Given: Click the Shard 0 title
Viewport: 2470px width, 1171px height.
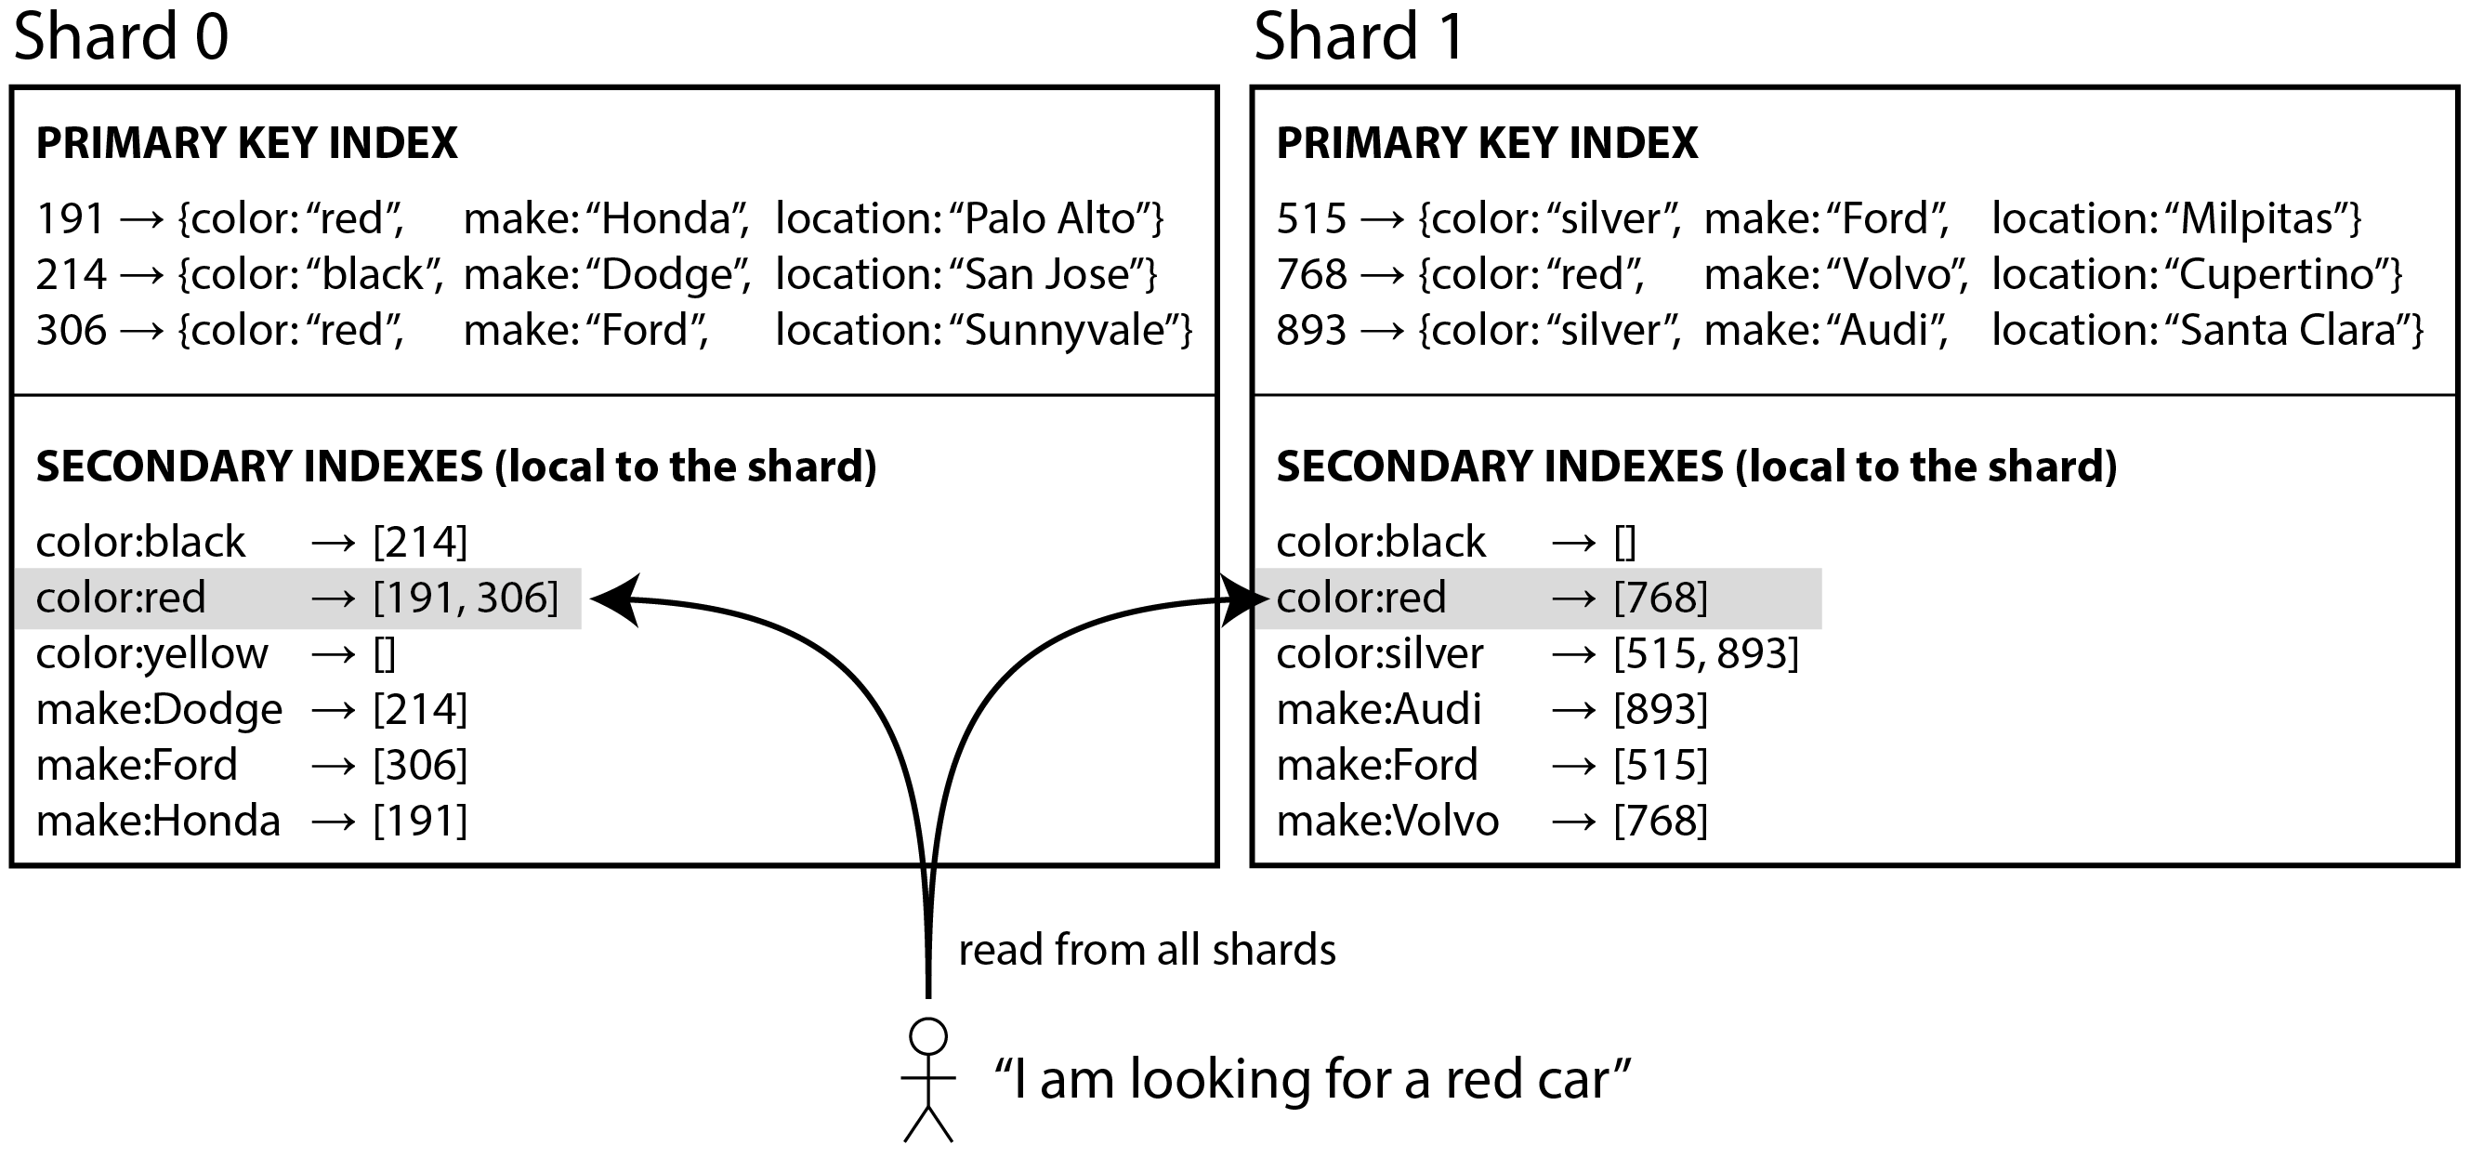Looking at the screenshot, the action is [x=121, y=36].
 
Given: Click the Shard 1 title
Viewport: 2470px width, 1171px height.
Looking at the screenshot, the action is [x=1360, y=36].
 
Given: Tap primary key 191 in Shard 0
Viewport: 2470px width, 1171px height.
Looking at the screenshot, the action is [x=70, y=218].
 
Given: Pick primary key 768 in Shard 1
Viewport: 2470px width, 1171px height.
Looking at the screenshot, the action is [x=1312, y=274].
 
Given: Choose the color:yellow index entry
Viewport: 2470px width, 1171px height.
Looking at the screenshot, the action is [x=216, y=654].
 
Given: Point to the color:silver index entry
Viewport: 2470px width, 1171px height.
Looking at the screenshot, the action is [x=1538, y=654].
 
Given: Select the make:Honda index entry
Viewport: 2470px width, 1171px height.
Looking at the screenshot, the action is [x=252, y=821].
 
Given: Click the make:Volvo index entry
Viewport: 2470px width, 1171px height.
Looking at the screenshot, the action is [x=1493, y=821].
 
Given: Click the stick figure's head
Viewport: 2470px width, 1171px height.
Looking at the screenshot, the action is [x=928, y=1037].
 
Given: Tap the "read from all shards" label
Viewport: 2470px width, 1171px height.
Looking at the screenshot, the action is [x=1147, y=951].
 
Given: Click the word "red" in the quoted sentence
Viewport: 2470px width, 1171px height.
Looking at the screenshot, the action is [x=1485, y=1080].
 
